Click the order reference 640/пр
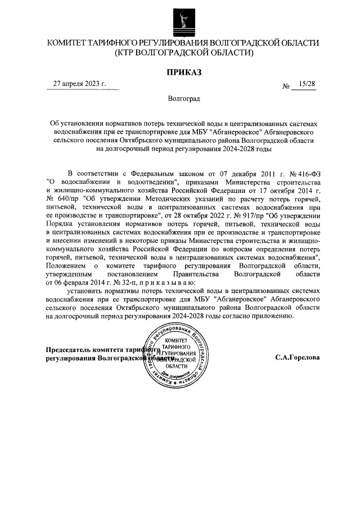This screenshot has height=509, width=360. [x=64, y=199]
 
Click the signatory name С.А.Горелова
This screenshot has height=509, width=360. [x=298, y=358]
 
